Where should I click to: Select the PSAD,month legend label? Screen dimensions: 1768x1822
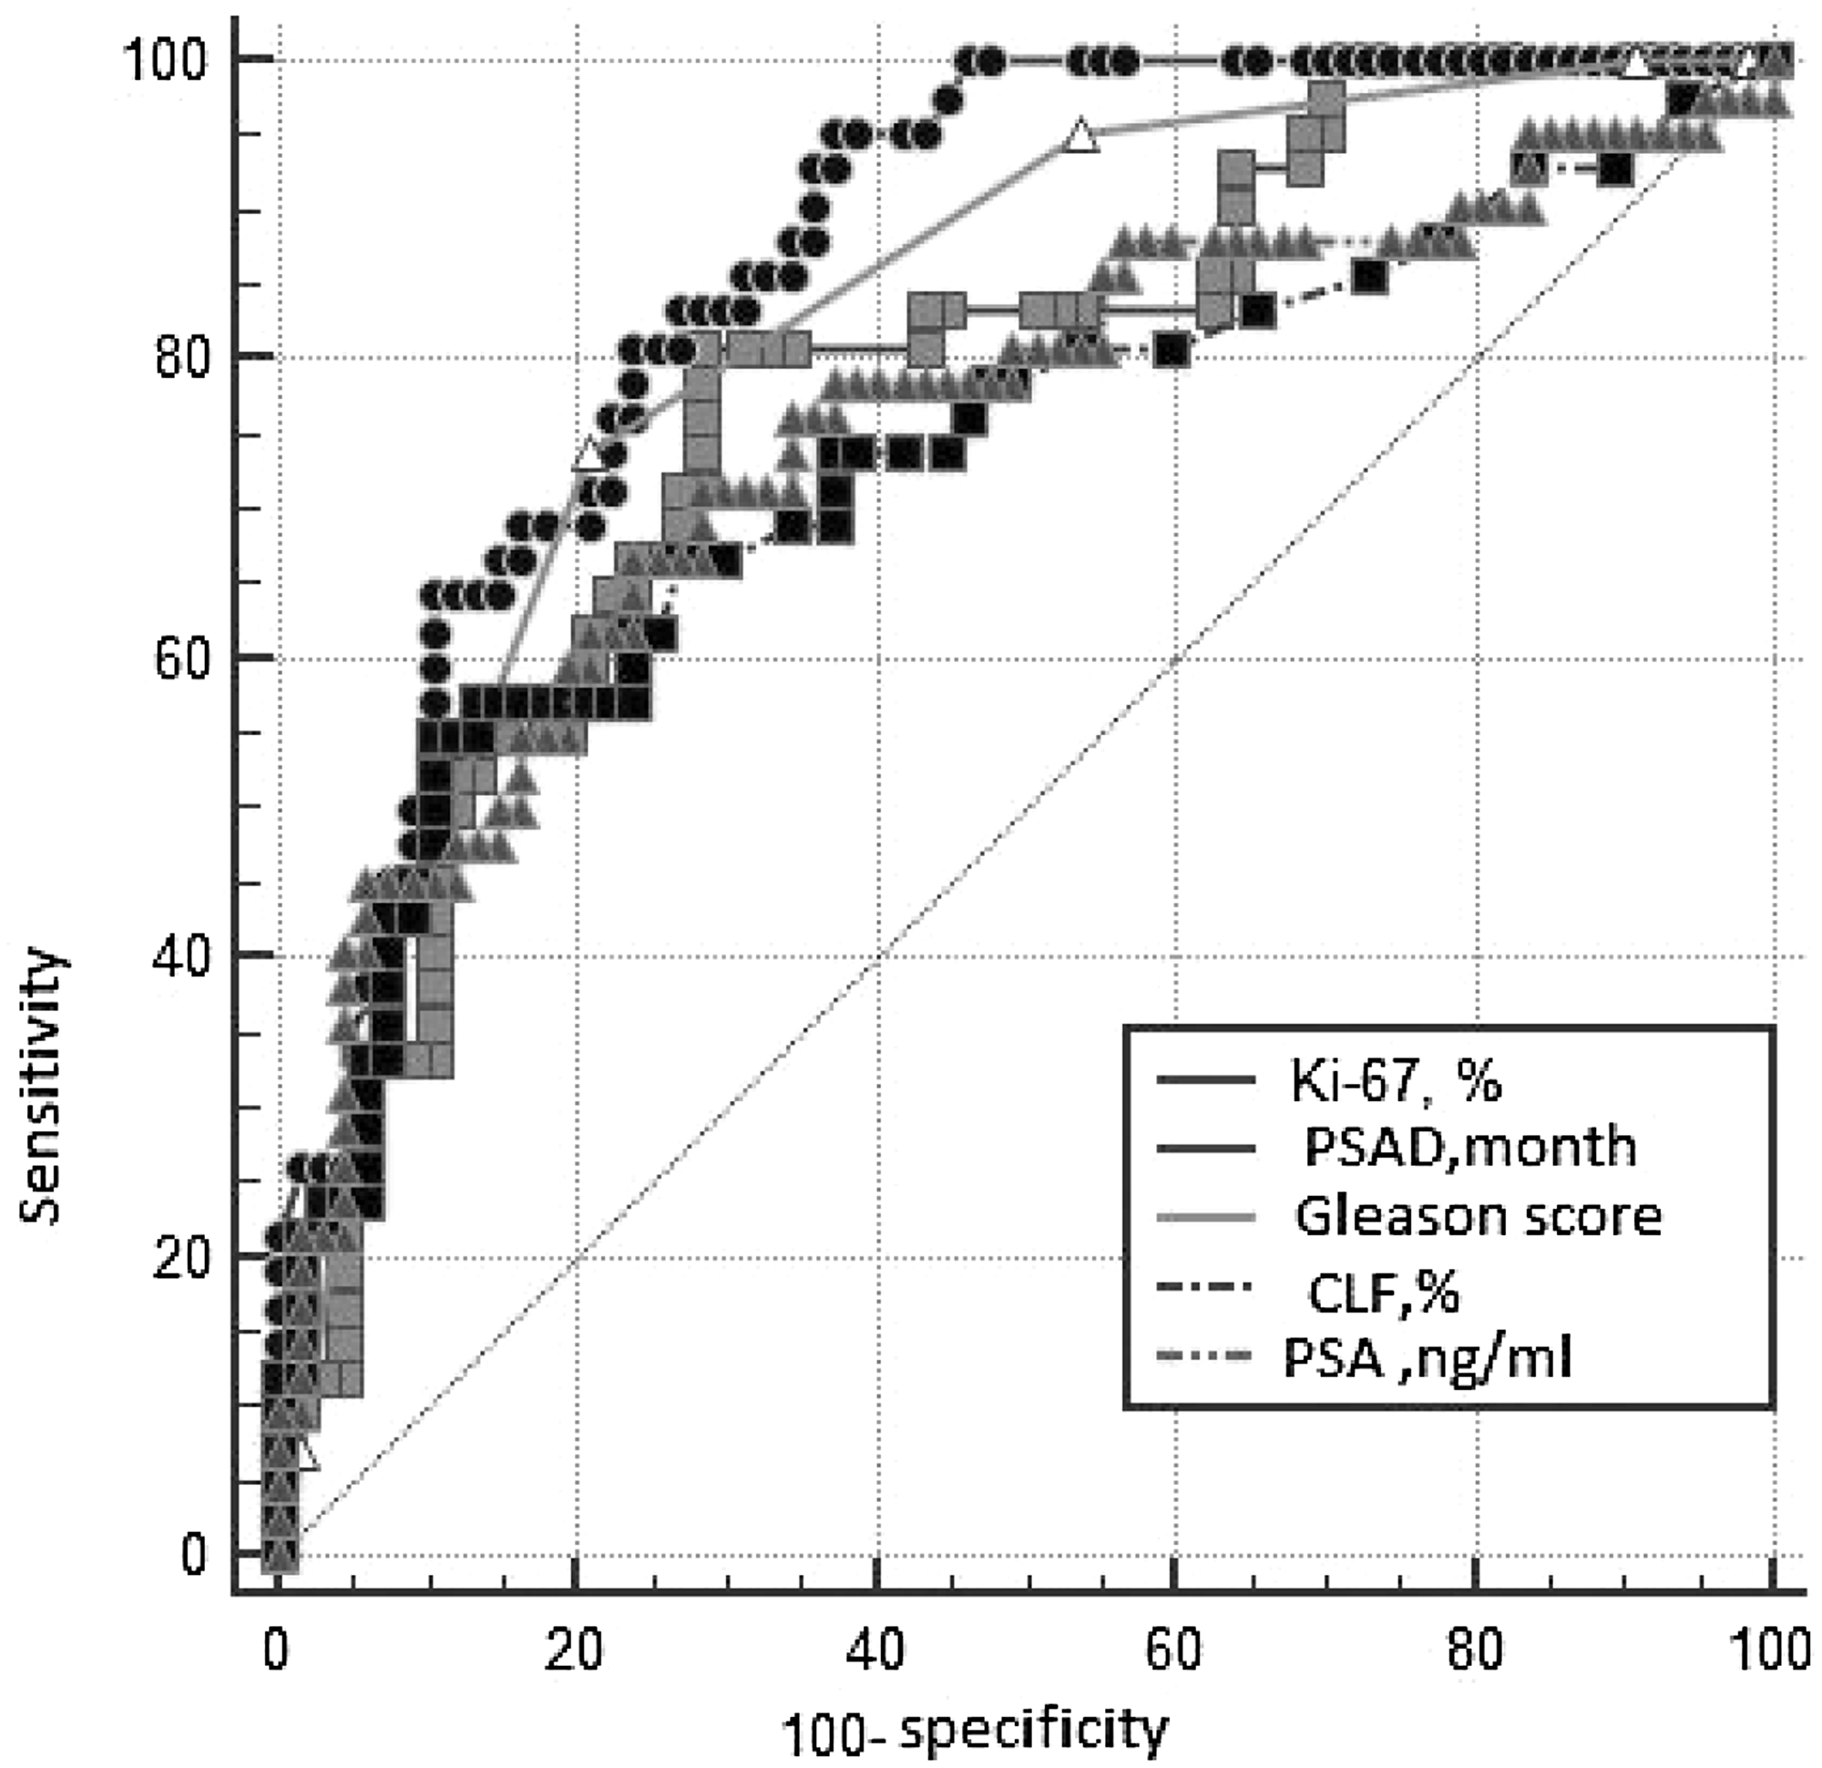1469,1147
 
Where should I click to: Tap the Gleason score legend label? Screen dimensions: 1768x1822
1478,1217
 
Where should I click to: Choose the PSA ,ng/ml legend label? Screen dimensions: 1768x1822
1427,1359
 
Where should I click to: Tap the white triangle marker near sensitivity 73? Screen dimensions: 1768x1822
588,455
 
